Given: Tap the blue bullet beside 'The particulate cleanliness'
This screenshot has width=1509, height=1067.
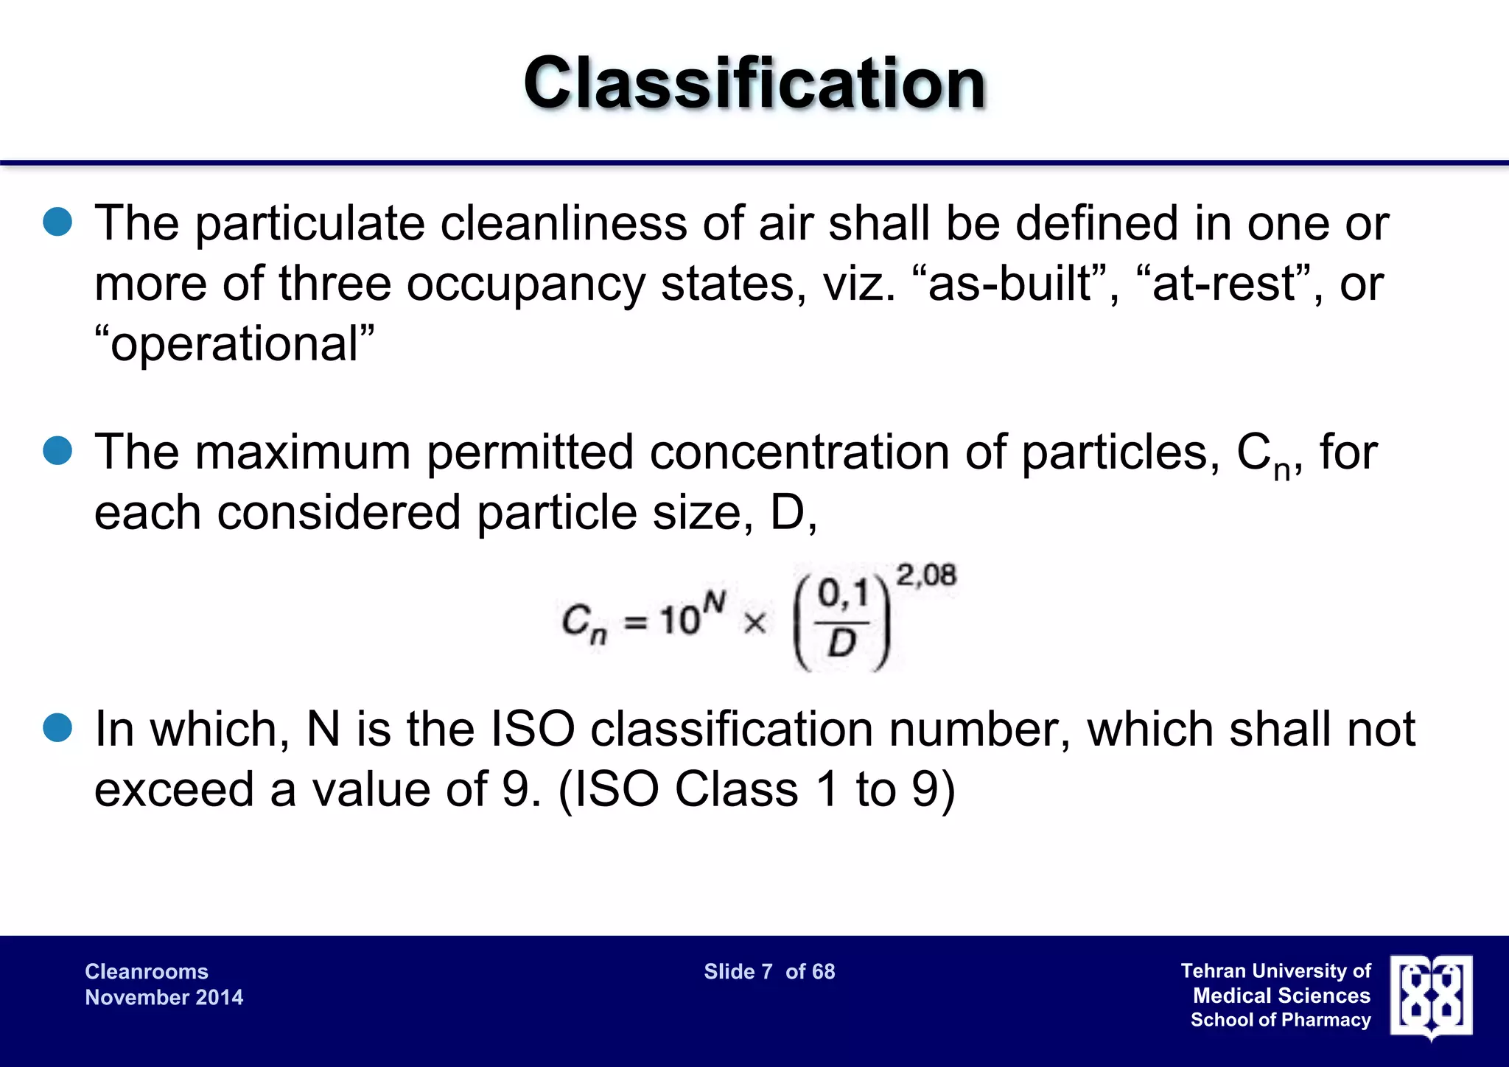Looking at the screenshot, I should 57,222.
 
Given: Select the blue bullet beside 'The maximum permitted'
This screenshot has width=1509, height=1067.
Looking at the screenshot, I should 57,451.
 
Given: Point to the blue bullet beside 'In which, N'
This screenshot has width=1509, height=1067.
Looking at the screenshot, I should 57,728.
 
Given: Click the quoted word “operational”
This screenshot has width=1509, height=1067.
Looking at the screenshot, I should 234,343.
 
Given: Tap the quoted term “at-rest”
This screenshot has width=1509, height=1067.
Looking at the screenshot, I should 1229,284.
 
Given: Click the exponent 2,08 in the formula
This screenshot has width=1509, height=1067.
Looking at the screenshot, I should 925,575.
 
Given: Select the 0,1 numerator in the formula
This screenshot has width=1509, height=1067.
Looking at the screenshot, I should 842,594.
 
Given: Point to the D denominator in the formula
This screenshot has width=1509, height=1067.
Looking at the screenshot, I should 841,643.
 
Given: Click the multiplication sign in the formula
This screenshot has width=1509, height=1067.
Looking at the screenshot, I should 754,623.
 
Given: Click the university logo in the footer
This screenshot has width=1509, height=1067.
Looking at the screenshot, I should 1431,996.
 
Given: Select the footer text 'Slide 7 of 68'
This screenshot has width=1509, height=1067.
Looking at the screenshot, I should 769,972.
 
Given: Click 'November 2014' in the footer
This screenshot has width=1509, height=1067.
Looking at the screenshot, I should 164,998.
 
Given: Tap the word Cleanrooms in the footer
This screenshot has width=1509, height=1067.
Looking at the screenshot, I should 147,972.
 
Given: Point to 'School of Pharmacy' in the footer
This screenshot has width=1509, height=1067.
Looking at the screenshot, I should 1281,1021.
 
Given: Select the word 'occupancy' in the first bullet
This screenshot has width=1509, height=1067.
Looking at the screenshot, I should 525,284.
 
